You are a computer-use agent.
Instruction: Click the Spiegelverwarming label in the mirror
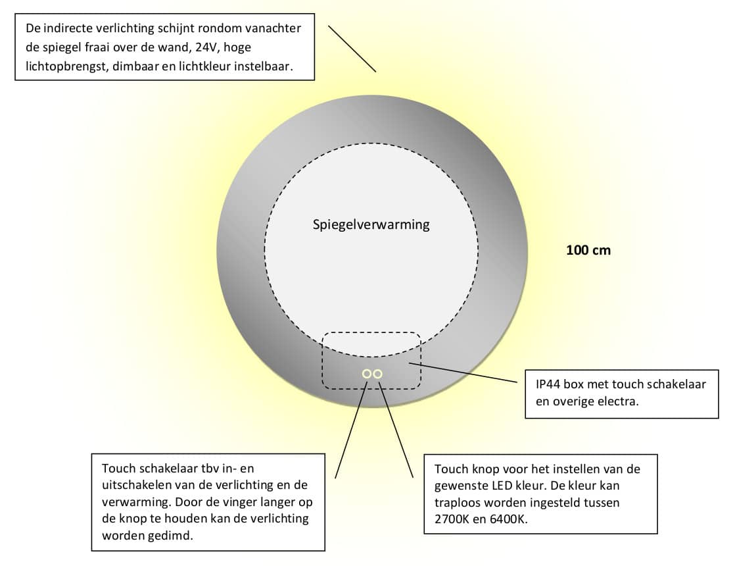[x=371, y=224]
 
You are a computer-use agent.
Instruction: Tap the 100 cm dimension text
[x=588, y=250]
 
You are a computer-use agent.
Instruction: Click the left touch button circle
[x=366, y=374]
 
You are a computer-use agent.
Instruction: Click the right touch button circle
[x=377, y=374]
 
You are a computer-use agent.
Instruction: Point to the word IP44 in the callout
[x=550, y=384]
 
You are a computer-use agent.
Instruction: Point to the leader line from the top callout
[x=352, y=49]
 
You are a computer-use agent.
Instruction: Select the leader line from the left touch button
[x=350, y=427]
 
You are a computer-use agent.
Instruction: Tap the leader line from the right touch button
[x=396, y=427]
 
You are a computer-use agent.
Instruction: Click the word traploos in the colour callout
[x=456, y=501]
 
